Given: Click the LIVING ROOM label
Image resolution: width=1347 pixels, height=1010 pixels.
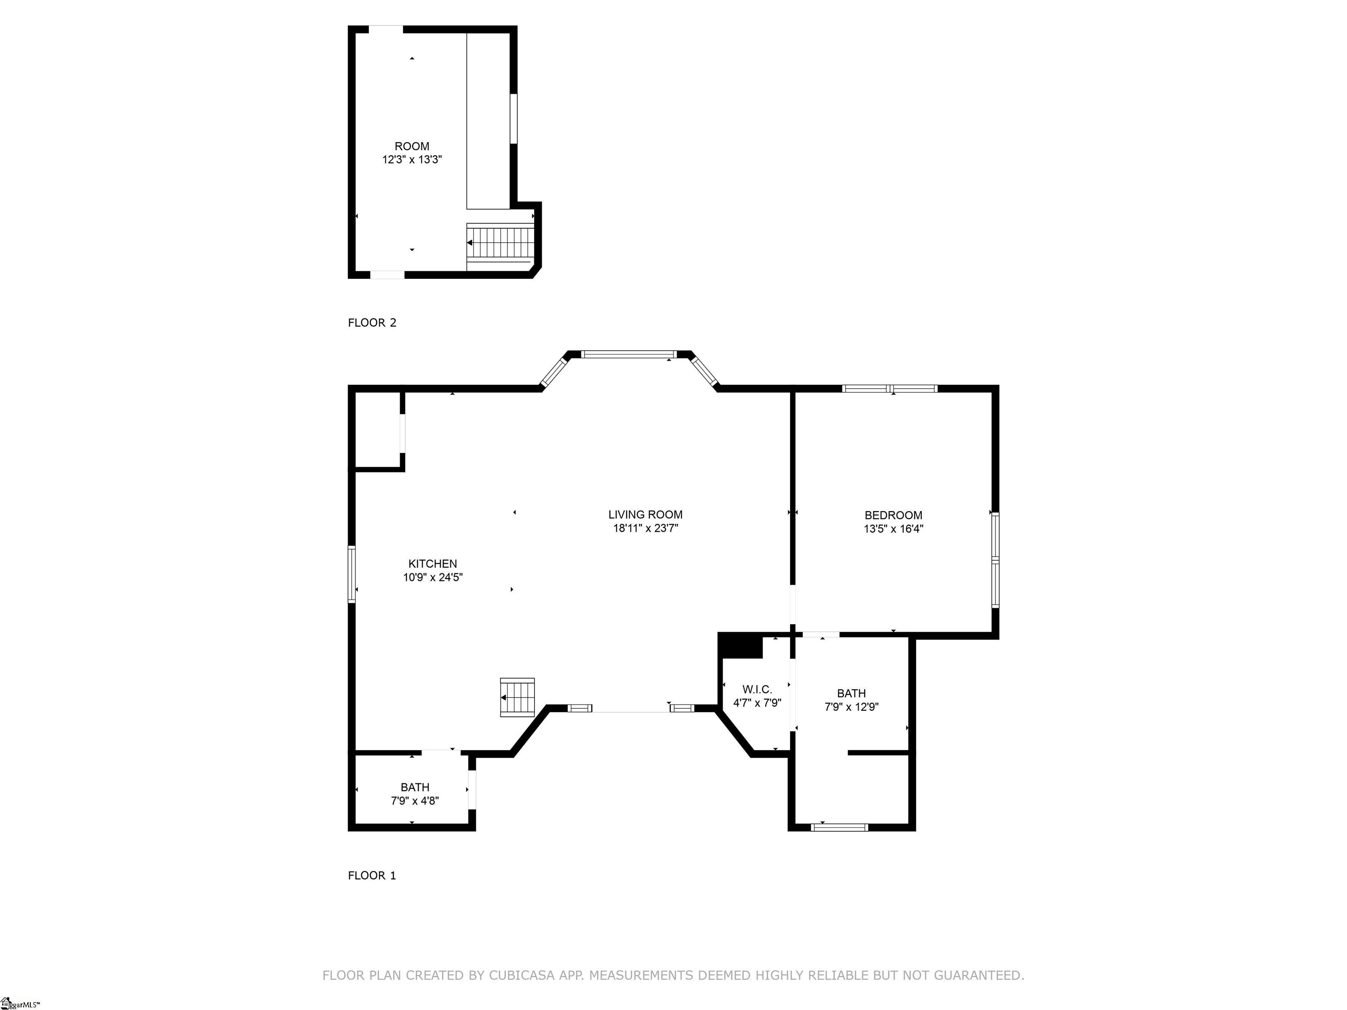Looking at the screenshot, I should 645,515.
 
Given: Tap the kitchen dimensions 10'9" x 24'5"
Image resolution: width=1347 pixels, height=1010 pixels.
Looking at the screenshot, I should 432,577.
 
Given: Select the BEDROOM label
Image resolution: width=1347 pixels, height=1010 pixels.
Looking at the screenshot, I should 893,515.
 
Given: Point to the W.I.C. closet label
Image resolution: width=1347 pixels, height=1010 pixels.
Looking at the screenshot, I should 757,689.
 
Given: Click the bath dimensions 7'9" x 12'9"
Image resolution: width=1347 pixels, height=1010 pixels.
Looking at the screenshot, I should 852,707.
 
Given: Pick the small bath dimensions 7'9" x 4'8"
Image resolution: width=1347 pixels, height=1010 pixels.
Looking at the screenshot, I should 415,800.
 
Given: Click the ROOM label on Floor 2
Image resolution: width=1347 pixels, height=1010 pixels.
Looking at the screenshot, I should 412,146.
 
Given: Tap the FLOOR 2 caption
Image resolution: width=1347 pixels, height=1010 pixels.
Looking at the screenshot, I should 371,323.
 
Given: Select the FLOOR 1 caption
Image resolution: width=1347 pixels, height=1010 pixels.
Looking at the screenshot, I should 371,875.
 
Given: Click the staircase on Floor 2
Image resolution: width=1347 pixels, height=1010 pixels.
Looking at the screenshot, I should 501,242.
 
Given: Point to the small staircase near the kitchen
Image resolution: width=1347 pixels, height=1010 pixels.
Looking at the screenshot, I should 517,697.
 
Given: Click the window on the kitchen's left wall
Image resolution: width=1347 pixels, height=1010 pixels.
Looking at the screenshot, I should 351,574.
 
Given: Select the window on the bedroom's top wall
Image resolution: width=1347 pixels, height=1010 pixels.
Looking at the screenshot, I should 889,388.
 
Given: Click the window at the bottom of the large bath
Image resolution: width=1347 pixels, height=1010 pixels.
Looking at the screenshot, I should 840,827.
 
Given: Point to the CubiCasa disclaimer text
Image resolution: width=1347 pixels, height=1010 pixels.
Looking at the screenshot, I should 673,975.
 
